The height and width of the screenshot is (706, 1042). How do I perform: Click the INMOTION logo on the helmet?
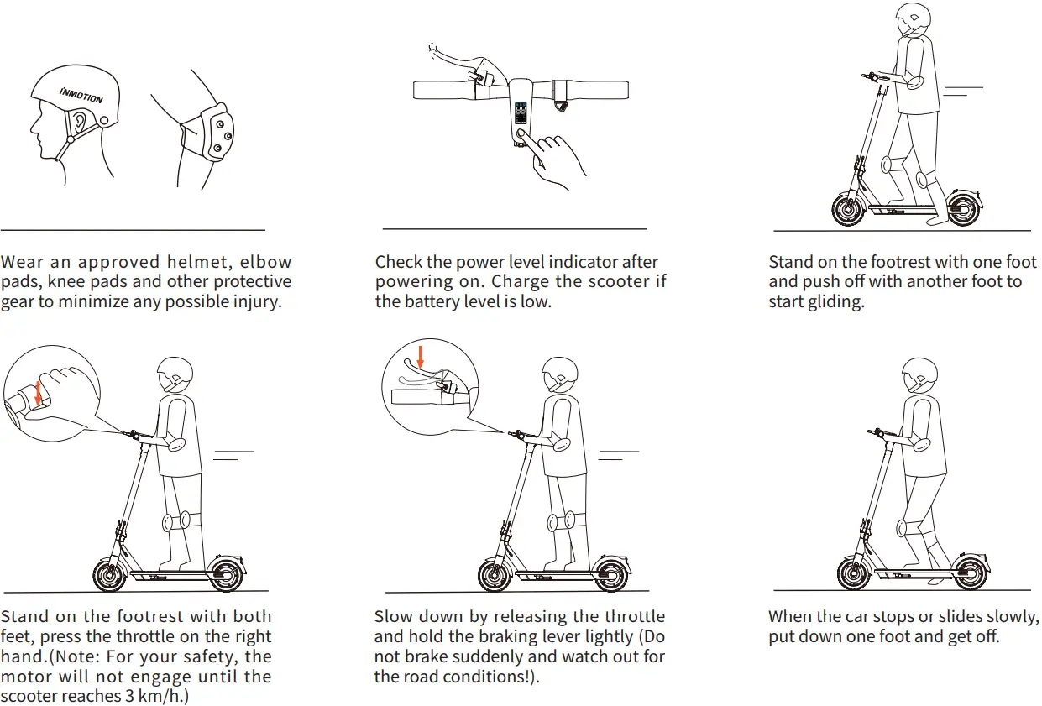(81, 93)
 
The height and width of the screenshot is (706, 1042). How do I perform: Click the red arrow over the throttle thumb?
(37, 393)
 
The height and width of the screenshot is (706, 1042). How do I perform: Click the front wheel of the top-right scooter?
(848, 209)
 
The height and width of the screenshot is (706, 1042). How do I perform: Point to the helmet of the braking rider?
(558, 374)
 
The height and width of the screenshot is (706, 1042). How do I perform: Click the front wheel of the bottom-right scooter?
(855, 573)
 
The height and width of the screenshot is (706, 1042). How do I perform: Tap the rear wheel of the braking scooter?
(610, 575)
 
